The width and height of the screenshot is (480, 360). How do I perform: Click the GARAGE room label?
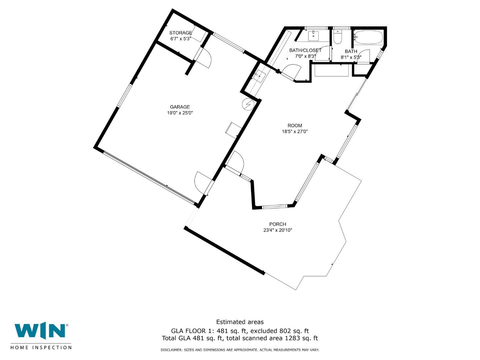tap(180, 107)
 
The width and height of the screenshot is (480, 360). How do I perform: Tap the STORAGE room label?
tap(181, 33)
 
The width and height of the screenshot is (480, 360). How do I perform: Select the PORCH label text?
tap(278, 224)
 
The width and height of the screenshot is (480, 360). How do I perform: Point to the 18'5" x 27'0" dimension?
tap(295, 132)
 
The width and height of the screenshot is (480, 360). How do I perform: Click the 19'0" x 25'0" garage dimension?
tap(180, 113)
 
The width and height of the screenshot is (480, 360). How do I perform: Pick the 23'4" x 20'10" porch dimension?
tap(278, 230)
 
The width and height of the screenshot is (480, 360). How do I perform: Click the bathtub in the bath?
tap(368, 37)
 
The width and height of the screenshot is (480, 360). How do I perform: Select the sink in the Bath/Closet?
tap(313, 35)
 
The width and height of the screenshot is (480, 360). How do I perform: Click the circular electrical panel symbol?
tap(248, 104)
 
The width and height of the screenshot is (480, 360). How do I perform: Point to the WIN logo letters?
tap(40, 331)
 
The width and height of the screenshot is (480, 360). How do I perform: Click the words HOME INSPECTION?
tap(41, 348)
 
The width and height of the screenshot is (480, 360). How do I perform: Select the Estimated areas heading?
tap(240, 322)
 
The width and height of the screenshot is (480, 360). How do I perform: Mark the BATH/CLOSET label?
tap(305, 50)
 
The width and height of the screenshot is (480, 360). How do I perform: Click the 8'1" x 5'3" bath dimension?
tap(351, 57)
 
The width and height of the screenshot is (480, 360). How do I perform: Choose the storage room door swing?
tap(204, 58)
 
